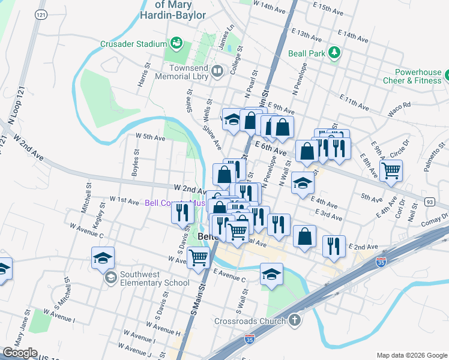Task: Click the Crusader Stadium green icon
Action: coord(176,43)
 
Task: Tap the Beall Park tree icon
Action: coord(335,53)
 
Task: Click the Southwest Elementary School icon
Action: coord(110,278)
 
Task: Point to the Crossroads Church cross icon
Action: coord(294,320)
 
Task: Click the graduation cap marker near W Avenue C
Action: coord(103,258)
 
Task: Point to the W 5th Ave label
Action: coord(150,137)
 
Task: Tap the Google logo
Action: coord(19,353)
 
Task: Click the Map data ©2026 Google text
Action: coord(411,355)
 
